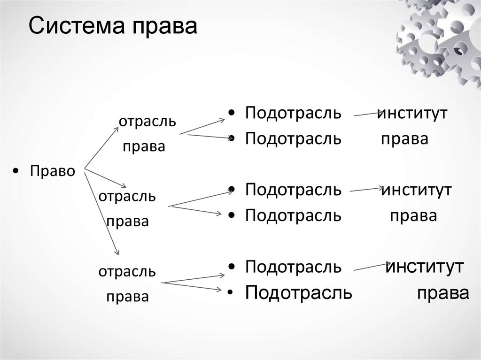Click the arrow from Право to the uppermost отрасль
tap(101, 146)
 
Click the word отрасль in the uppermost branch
tap(147, 122)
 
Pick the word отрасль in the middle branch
tap(127, 196)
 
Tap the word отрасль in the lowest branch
tap(127, 271)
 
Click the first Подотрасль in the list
tap(293, 114)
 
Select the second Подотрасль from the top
tap(293, 139)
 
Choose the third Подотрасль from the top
tap(293, 190)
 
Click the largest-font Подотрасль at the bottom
tap(299, 292)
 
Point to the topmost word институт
tap(413, 114)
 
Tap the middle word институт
tap(416, 190)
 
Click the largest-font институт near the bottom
tap(425, 267)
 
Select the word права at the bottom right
tap(443, 292)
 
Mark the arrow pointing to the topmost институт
tap(369, 114)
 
